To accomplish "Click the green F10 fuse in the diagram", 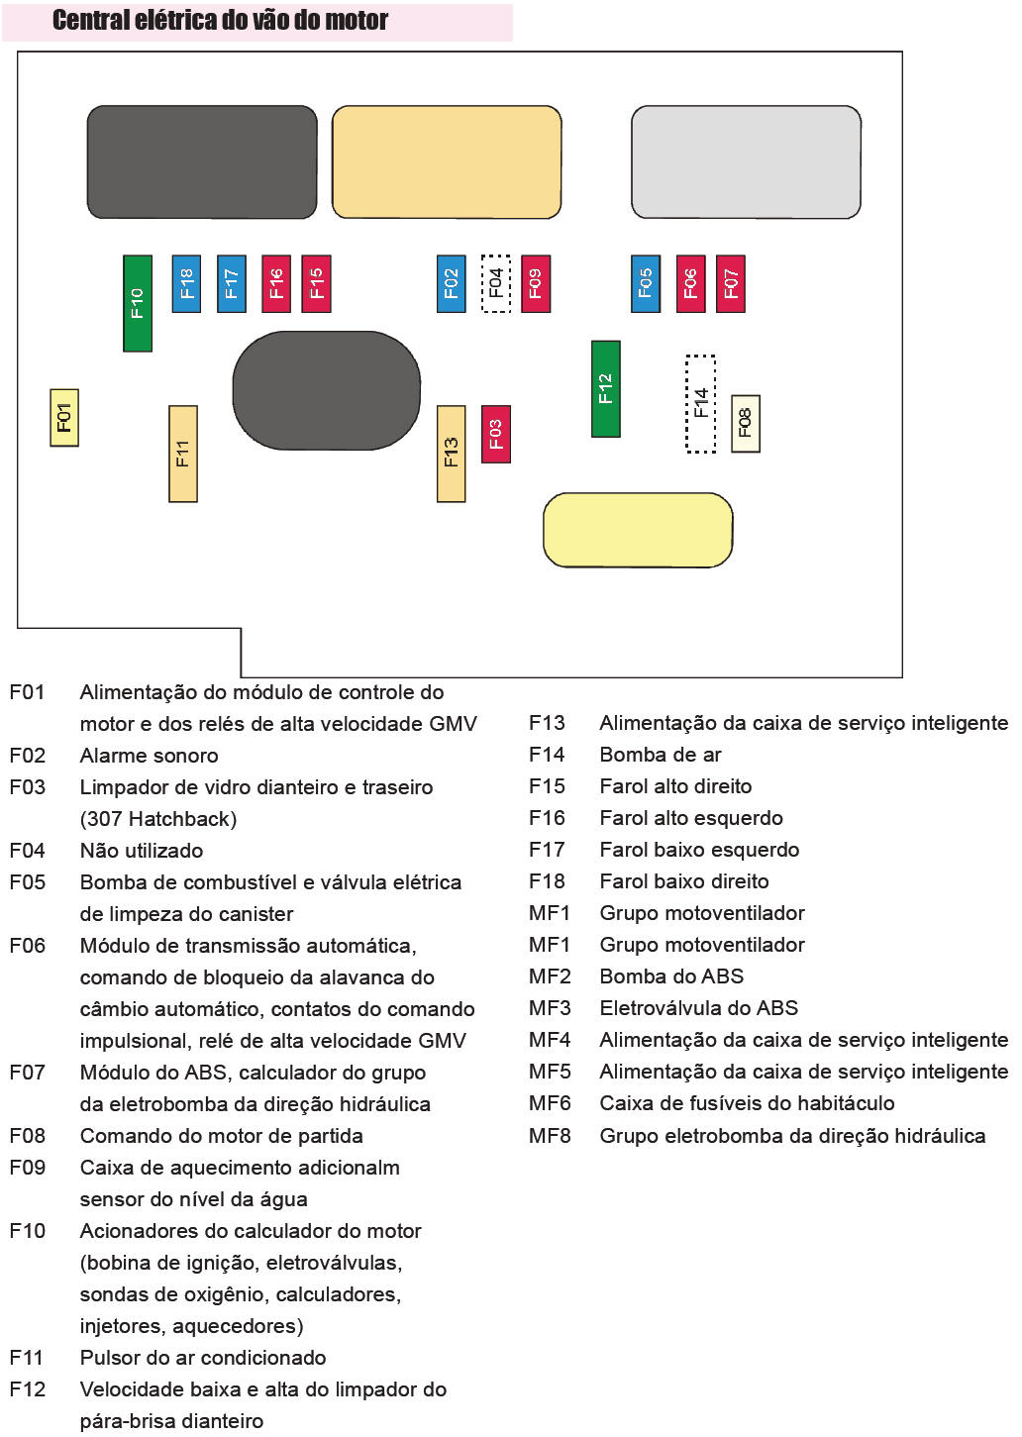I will pyautogui.click(x=138, y=303).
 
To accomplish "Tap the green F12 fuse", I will pyautogui.click(x=606, y=388).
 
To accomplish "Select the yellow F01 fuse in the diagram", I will pyautogui.click(x=64, y=418).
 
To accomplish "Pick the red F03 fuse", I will pyautogui.click(x=496, y=434).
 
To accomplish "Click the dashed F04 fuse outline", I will pyautogui.click(x=496, y=283).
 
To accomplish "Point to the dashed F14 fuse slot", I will pyautogui.click(x=701, y=403).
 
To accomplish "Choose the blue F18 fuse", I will pyautogui.click(x=186, y=284).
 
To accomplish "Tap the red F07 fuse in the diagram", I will pyautogui.click(x=731, y=284).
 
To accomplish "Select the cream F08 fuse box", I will pyautogui.click(x=746, y=424).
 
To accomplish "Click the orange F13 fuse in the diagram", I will pyautogui.click(x=452, y=454).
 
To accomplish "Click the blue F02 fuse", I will pyautogui.click(x=452, y=284).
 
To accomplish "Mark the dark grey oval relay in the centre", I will pyautogui.click(x=327, y=391).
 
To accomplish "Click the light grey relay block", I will pyautogui.click(x=746, y=162).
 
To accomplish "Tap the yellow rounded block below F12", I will pyautogui.click(x=638, y=530).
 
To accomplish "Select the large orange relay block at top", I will pyautogui.click(x=447, y=162).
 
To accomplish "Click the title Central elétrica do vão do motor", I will pyautogui.click(x=220, y=21).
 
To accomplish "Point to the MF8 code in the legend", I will pyautogui.click(x=550, y=1136).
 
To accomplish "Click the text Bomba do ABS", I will pyautogui.click(x=671, y=976).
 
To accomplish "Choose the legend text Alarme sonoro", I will pyautogui.click(x=149, y=756).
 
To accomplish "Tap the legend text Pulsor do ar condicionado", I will pyautogui.click(x=203, y=1358).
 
